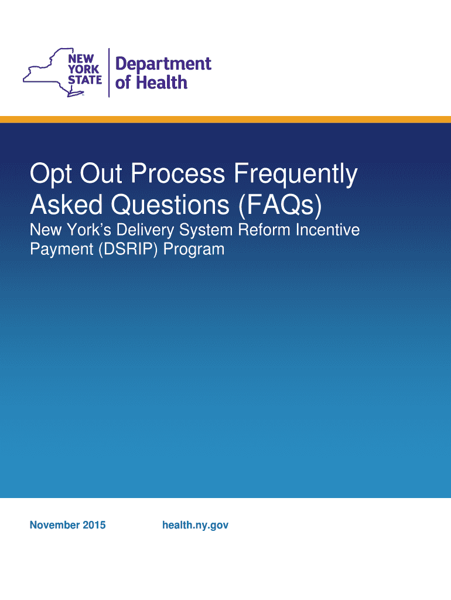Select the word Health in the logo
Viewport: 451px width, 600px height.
click(162, 83)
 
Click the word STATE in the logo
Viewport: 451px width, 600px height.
click(85, 80)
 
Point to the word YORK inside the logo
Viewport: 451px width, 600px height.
click(83, 69)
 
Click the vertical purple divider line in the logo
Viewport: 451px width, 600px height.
click(109, 73)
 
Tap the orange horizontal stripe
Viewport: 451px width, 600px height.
click(225, 120)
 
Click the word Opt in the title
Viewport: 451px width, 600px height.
click(52, 174)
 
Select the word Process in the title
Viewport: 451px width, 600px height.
click(178, 173)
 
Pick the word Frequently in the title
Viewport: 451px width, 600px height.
click(296, 175)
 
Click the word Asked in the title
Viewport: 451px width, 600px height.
click(66, 204)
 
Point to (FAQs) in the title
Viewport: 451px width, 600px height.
click(280, 205)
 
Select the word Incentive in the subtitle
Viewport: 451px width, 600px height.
click(327, 230)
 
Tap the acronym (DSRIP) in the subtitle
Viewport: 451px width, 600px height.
click(128, 250)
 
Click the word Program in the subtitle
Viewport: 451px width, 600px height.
click(193, 250)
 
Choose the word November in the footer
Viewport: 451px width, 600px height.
click(54, 525)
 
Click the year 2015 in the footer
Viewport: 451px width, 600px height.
click(94, 525)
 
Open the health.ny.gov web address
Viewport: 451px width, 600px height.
click(196, 526)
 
